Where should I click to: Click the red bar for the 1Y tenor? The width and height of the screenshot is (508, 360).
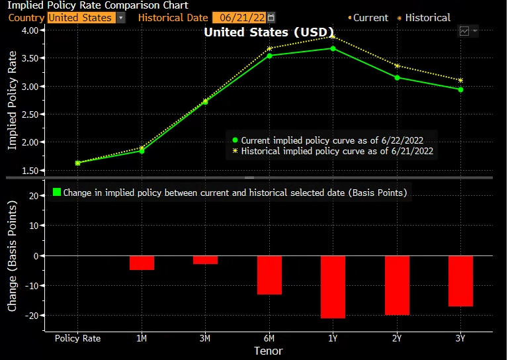pyautogui.click(x=333, y=287)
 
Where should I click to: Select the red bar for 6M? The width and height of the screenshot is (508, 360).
pyautogui.click(x=269, y=275)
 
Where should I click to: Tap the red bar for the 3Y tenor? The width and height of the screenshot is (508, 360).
pyautogui.click(x=460, y=281)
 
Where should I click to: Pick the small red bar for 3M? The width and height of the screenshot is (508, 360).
pyautogui.click(x=205, y=259)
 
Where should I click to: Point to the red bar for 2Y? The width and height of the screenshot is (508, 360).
pyautogui.click(x=397, y=285)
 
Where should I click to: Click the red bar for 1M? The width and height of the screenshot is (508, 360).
pyautogui.click(x=142, y=263)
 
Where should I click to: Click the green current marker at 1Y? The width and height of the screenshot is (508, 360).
pyautogui.click(x=333, y=48)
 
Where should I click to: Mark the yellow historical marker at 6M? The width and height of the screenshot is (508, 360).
pyautogui.click(x=269, y=48)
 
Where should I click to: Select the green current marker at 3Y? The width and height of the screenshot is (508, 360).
pyautogui.click(x=460, y=89)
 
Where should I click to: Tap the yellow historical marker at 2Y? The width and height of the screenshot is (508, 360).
pyautogui.click(x=397, y=66)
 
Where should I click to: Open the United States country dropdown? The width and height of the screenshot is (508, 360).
pyautogui.click(x=86, y=18)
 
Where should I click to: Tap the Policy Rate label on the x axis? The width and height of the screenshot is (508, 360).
pyautogui.click(x=78, y=338)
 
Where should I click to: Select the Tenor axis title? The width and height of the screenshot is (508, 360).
pyautogui.click(x=269, y=351)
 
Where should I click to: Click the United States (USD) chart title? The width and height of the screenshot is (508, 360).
pyautogui.click(x=254, y=32)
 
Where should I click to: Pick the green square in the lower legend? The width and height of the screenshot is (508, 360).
pyautogui.click(x=57, y=193)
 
